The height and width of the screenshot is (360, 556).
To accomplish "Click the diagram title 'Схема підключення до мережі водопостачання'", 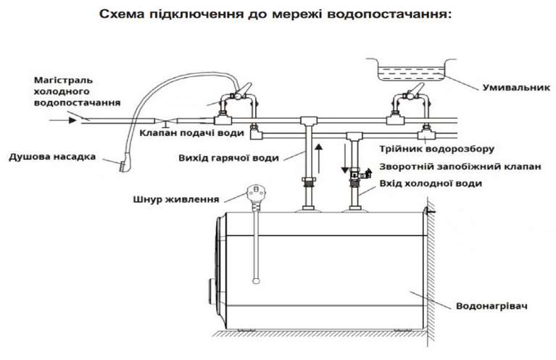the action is [x=276, y=14].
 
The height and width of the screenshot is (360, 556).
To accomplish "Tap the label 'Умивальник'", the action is [x=516, y=87].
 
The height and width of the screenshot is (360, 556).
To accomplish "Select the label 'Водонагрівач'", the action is [x=491, y=306].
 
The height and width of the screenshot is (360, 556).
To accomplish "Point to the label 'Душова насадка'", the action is [x=52, y=156].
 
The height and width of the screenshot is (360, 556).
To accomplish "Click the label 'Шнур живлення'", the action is [x=176, y=199].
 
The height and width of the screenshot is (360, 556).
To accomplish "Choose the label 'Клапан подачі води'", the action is [x=191, y=133].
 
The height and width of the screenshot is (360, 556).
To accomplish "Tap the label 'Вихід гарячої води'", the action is [x=229, y=158].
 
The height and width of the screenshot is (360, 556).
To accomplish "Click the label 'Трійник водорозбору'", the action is [x=436, y=148].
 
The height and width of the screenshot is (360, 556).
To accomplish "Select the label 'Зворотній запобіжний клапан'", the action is [x=460, y=167].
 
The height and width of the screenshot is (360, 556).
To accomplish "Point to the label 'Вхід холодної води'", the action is [x=431, y=183].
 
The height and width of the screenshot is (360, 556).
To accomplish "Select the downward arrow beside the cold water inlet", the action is [x=344, y=158].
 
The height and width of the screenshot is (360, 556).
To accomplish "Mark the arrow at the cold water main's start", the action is [x=63, y=120].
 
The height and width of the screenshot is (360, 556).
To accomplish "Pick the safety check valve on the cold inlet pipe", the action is [x=359, y=175].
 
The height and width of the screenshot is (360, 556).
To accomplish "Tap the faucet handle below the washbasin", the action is [x=415, y=91].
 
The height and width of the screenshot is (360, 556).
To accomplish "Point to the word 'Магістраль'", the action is [x=64, y=80].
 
